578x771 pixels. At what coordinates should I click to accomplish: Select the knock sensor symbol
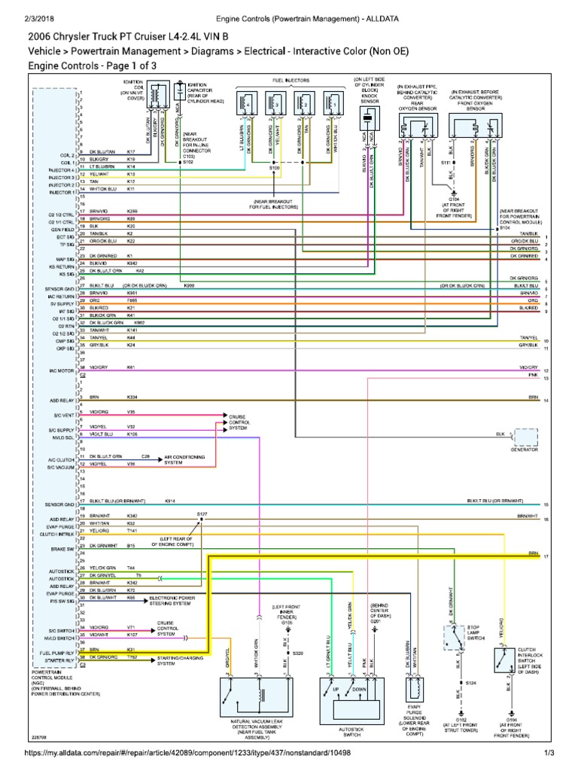coord(367,116)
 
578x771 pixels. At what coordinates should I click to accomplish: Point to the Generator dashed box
coord(525,437)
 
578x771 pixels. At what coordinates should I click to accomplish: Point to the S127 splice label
coord(202,513)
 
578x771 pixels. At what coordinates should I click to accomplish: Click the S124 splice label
coord(471,683)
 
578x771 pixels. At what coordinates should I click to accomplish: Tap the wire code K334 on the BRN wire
coord(132,397)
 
